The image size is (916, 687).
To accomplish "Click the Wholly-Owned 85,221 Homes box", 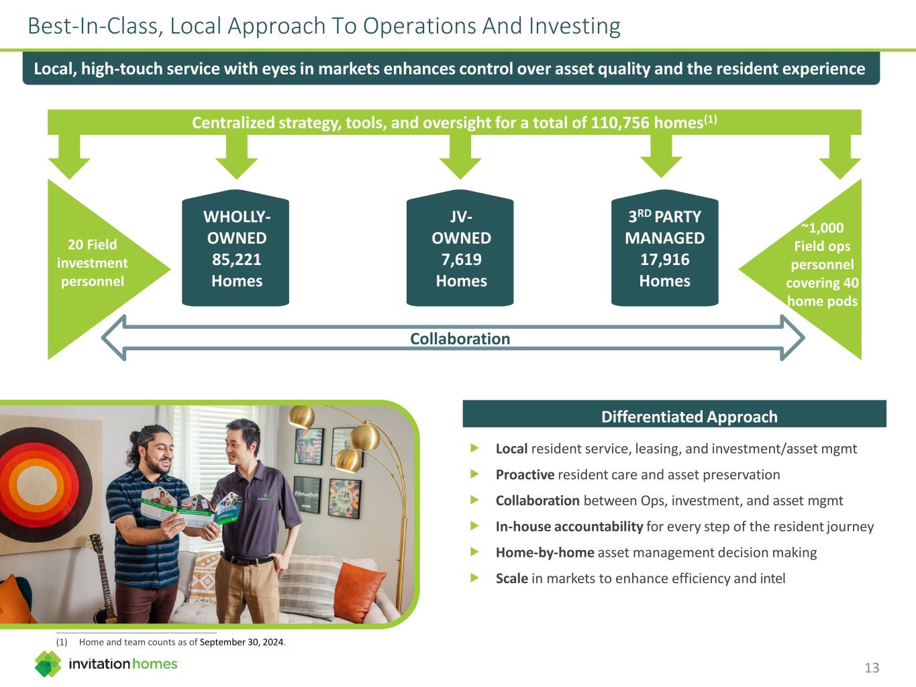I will click(236, 250).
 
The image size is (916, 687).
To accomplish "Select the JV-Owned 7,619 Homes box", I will click(460, 250).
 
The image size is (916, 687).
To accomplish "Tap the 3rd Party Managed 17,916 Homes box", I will click(664, 250).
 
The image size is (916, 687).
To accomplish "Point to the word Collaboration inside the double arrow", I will click(460, 339).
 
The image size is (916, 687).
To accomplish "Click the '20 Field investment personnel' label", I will click(92, 263).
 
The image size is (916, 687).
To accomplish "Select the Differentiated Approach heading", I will click(689, 417).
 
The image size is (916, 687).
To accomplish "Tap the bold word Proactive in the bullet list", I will click(525, 475).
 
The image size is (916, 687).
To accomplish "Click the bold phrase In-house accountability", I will click(569, 527).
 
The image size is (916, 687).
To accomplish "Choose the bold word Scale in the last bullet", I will click(511, 578).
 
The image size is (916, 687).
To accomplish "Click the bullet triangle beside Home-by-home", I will click(475, 552).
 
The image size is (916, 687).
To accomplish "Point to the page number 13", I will click(872, 668).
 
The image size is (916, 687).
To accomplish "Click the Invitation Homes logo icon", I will click(48, 664).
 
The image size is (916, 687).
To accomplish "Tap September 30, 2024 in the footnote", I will click(242, 642).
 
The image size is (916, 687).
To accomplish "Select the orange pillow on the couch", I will click(360, 590).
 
